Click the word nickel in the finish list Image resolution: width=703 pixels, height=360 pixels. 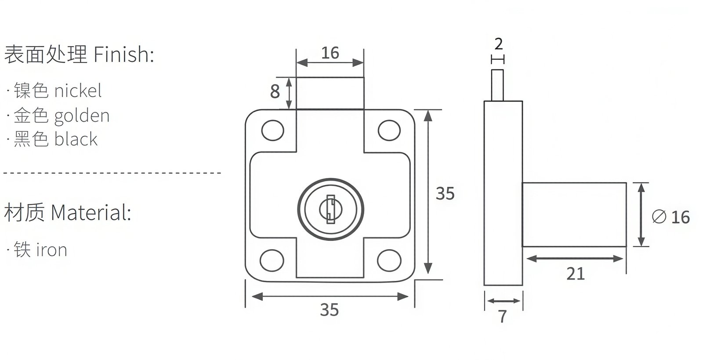[78, 91]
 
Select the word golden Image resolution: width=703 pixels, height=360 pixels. [82, 116]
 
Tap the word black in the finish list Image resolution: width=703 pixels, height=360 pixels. [76, 139]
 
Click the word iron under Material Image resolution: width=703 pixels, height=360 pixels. [51, 250]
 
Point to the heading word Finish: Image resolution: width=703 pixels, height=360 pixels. [123, 55]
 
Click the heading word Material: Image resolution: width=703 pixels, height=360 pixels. [91, 213]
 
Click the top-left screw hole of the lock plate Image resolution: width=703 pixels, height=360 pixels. [272, 130]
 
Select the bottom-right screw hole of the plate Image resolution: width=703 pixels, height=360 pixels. [389, 259]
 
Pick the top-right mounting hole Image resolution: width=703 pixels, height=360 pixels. [389, 130]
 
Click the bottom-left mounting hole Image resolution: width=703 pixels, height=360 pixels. [272, 260]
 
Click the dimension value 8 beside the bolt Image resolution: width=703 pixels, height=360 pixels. [275, 92]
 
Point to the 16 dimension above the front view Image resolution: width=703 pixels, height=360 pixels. [330, 53]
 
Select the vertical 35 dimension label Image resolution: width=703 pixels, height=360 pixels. [445, 193]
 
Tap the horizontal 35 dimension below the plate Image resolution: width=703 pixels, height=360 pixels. [330, 310]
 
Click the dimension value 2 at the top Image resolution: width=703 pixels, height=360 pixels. [498, 44]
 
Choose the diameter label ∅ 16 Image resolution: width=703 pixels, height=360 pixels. [671, 217]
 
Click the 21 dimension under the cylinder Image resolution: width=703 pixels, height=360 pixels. [575, 274]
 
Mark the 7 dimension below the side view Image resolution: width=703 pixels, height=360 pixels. [503, 316]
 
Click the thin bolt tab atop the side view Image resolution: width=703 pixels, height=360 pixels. [498, 85]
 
